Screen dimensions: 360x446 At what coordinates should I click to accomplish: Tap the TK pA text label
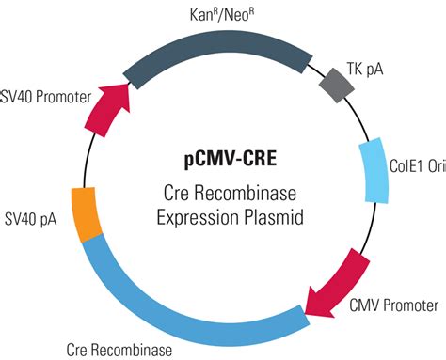pos(377,68)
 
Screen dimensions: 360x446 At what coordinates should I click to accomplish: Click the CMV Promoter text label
pos(393,305)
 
